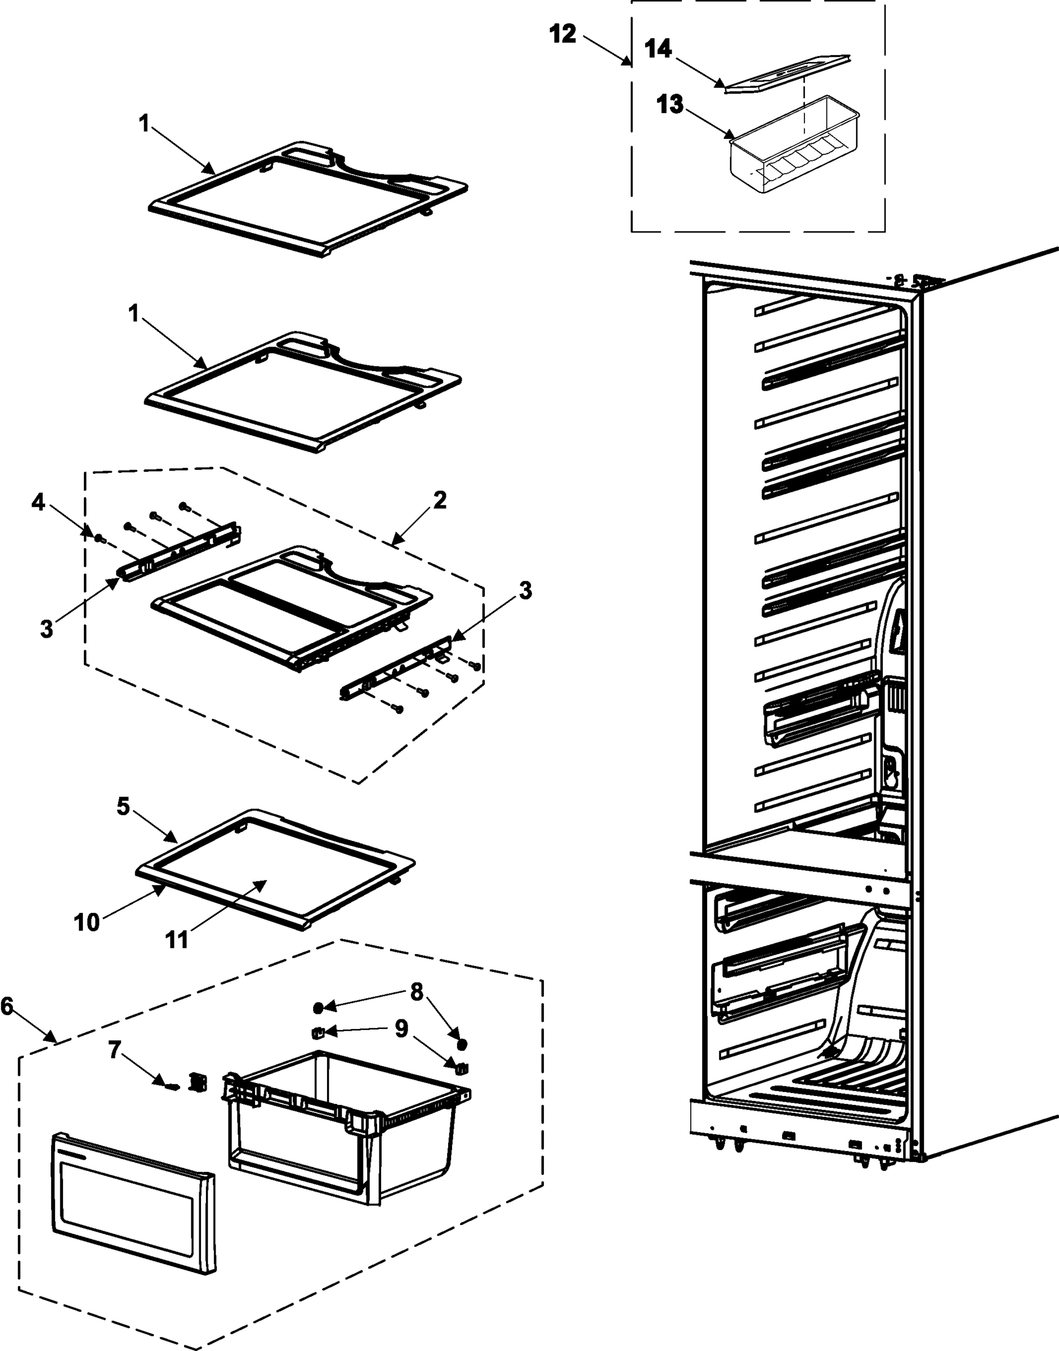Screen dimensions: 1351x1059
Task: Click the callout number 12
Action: (x=563, y=34)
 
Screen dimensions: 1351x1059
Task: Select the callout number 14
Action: (x=658, y=48)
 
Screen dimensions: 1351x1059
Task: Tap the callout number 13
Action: (x=669, y=104)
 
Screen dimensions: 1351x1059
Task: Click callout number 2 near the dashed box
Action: (x=440, y=500)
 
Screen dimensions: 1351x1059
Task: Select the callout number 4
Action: (x=38, y=502)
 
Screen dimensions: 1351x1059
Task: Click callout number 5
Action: (x=123, y=807)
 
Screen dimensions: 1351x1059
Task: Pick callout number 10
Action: (x=86, y=923)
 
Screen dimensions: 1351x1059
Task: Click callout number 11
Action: (x=177, y=940)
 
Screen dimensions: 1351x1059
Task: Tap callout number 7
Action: (x=114, y=1050)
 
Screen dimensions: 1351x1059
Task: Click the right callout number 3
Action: (x=525, y=590)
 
